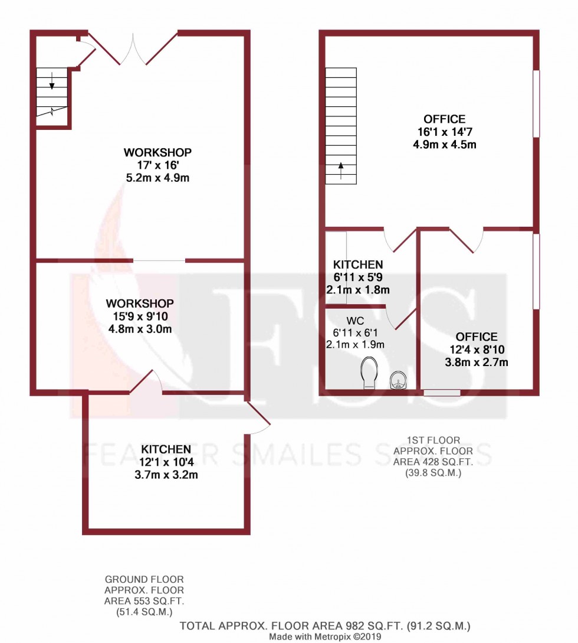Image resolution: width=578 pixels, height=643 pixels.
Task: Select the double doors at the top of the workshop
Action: (133, 48)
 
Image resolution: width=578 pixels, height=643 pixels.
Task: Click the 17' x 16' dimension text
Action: (157, 165)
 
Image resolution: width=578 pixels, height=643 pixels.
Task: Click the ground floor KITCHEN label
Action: (165, 449)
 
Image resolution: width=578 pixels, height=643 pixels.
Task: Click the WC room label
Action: (355, 321)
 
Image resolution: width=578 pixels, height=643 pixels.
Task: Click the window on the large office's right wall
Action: (536, 104)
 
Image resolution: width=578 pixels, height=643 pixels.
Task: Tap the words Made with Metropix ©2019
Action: (326, 637)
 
